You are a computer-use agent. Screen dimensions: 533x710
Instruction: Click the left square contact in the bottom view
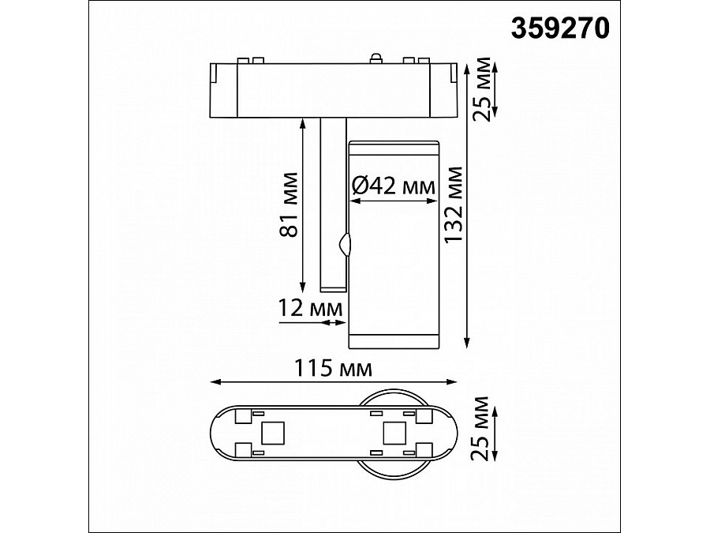tap(272, 432)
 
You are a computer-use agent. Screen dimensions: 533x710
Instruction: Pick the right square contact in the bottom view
tap(393, 432)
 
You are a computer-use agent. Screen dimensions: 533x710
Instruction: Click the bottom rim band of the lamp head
tap(393, 340)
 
